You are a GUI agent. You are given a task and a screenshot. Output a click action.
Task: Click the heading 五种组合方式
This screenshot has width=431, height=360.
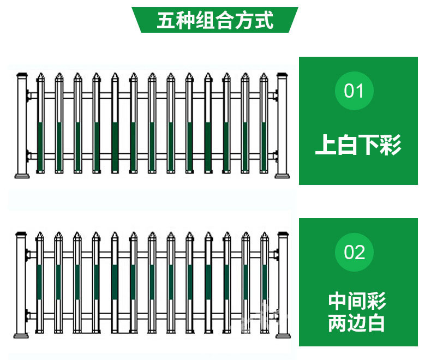tap(215, 20)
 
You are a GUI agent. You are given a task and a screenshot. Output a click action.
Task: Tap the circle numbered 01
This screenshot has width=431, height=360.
tap(354, 91)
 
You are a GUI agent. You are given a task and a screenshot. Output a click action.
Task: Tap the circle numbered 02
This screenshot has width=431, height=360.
tap(354, 253)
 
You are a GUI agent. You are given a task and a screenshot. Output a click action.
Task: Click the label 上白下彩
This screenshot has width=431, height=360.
tap(358, 145)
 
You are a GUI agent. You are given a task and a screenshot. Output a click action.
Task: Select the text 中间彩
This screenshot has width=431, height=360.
tap(357, 301)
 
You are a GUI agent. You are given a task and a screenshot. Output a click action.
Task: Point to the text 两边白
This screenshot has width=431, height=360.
tap(357, 323)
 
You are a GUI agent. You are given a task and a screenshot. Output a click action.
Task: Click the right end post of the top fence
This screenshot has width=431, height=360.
tap(282, 125)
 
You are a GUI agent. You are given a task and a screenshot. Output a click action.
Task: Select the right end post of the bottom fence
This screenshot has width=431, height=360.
tap(282, 286)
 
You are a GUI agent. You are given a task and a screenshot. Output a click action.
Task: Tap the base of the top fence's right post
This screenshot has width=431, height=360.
tap(282, 176)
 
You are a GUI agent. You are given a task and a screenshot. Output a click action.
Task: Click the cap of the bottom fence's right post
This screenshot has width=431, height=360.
tap(282, 236)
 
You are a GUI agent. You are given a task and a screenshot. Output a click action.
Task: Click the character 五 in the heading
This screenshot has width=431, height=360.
tap(166, 20)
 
